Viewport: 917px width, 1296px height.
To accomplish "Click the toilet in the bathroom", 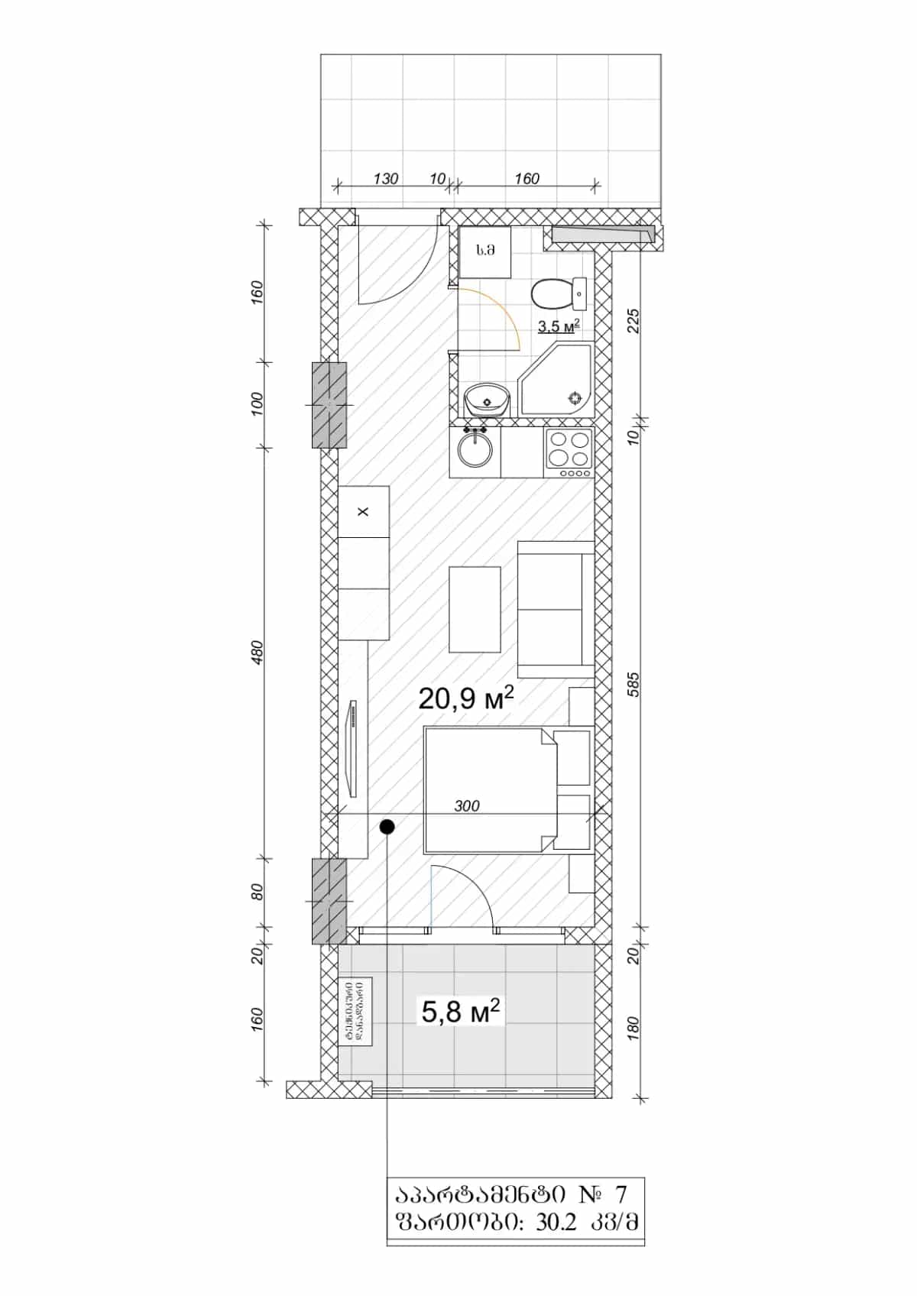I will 556,293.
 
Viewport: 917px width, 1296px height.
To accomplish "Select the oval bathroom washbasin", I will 486,400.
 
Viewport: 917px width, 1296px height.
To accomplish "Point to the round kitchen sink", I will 475,450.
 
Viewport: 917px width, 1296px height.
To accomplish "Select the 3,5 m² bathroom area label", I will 559,326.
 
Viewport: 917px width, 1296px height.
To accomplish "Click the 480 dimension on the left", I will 258,652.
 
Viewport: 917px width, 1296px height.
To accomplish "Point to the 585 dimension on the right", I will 633,684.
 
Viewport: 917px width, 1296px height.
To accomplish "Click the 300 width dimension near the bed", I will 466,805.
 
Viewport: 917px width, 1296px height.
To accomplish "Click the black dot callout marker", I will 387,826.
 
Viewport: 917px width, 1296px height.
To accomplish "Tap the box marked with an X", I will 363,511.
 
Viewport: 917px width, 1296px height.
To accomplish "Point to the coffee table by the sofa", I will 475,609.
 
